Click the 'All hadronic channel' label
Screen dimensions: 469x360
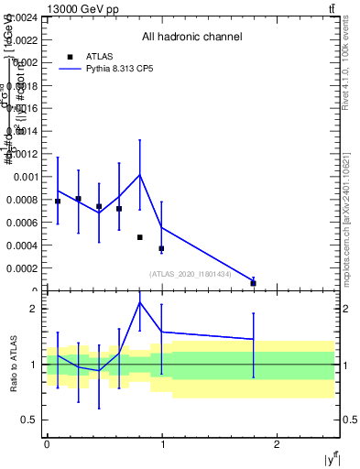[x=191, y=38]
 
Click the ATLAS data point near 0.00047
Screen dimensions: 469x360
[x=140, y=237]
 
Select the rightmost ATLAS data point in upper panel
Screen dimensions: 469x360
[x=254, y=283]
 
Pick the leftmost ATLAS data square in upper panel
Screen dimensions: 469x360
[x=58, y=202]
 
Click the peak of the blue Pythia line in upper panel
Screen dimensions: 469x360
[x=139, y=174]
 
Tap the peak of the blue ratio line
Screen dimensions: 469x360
[x=140, y=302]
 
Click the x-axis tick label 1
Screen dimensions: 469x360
[x=162, y=443]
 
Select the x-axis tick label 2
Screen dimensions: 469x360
[x=277, y=443]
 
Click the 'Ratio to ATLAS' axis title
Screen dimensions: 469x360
[x=13, y=365]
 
